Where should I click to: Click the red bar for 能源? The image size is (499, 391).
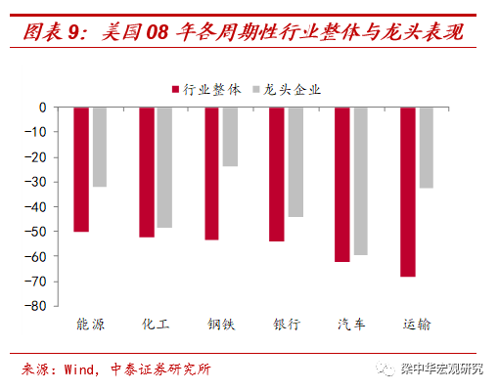(x=81, y=169)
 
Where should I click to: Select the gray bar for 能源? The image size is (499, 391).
(x=100, y=147)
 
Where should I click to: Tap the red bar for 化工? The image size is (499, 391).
(x=147, y=172)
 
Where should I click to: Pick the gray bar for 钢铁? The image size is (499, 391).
(x=230, y=137)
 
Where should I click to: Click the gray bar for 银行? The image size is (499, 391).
(x=295, y=162)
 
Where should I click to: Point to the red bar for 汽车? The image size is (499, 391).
(x=342, y=185)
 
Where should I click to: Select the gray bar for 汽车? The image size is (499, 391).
(x=361, y=181)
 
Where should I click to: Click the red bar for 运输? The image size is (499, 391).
(x=408, y=193)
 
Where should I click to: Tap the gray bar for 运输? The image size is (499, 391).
(x=427, y=148)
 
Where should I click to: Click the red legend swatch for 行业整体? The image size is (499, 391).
(x=175, y=89)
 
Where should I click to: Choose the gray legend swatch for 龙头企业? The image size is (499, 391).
(x=256, y=89)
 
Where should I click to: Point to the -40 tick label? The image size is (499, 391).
(x=35, y=207)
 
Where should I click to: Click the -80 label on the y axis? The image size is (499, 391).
(x=35, y=306)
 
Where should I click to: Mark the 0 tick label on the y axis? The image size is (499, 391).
(x=43, y=108)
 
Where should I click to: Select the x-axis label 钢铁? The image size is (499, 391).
(x=221, y=325)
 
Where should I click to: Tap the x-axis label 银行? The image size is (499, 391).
(x=287, y=325)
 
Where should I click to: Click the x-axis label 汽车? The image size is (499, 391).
(x=351, y=325)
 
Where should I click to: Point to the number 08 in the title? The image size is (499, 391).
(x=158, y=32)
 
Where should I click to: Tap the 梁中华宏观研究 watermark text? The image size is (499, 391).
(x=441, y=369)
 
